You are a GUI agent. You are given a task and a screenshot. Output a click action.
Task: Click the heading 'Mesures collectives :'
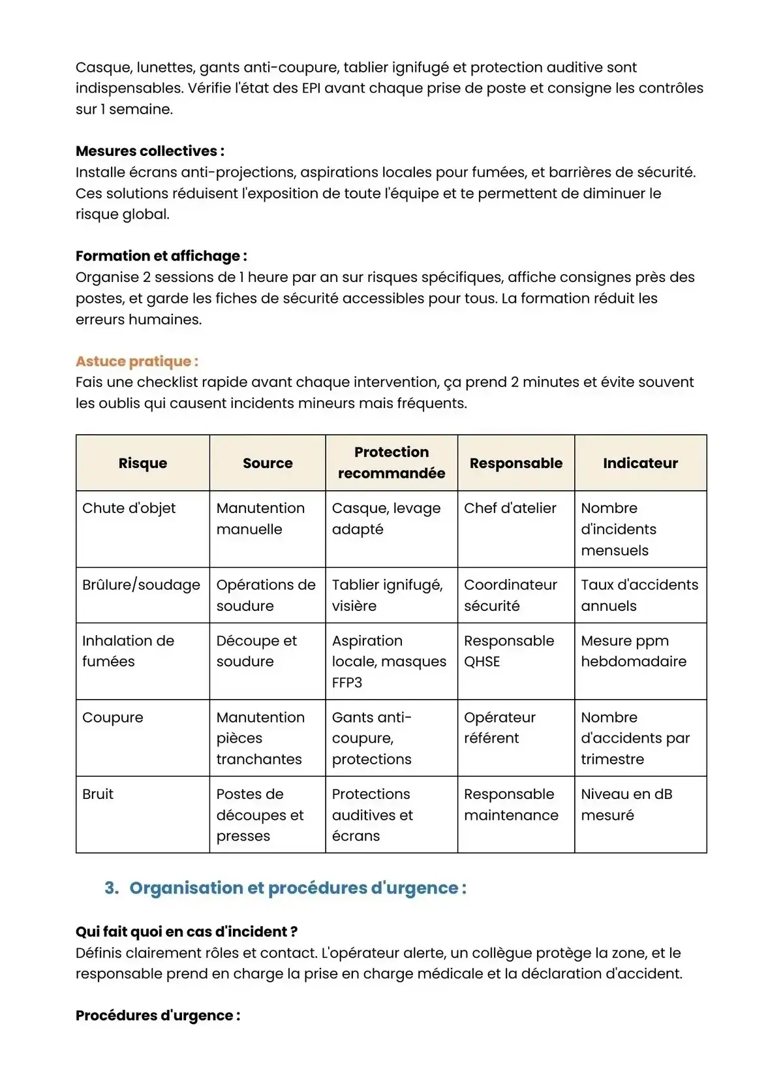point(149,151)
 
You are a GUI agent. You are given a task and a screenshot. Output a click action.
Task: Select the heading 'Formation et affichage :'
point(161,256)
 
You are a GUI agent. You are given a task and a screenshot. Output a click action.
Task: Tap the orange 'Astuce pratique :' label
point(137,361)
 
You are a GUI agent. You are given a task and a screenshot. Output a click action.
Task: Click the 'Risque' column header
point(143,463)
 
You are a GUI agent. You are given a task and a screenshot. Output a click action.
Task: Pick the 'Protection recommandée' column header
point(391,462)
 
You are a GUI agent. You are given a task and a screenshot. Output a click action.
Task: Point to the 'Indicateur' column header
point(640,463)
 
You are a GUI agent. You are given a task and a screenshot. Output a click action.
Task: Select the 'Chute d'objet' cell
point(129,508)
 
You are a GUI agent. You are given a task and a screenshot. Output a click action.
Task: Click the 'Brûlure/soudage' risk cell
point(141,585)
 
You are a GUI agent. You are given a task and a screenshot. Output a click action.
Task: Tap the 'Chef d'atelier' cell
point(510,508)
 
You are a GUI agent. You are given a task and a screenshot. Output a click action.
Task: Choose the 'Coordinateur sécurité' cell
point(510,595)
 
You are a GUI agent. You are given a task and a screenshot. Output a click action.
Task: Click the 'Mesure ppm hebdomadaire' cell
point(634,651)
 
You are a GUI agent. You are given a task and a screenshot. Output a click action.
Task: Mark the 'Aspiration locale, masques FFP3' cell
point(389,661)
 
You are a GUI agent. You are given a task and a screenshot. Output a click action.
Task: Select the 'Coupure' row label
point(113,717)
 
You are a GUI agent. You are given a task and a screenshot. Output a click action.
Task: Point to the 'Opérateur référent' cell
point(500,728)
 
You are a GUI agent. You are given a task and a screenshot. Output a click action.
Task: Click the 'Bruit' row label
point(98,794)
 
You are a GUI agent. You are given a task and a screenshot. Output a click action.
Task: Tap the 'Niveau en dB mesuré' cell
point(626,804)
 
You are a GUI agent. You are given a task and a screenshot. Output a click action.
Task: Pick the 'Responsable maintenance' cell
point(511,804)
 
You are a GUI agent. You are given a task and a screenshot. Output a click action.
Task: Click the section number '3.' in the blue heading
point(112,888)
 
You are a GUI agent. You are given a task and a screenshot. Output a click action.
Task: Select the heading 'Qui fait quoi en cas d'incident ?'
point(187,931)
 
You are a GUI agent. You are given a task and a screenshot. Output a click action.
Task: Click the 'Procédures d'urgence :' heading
point(158,1016)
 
